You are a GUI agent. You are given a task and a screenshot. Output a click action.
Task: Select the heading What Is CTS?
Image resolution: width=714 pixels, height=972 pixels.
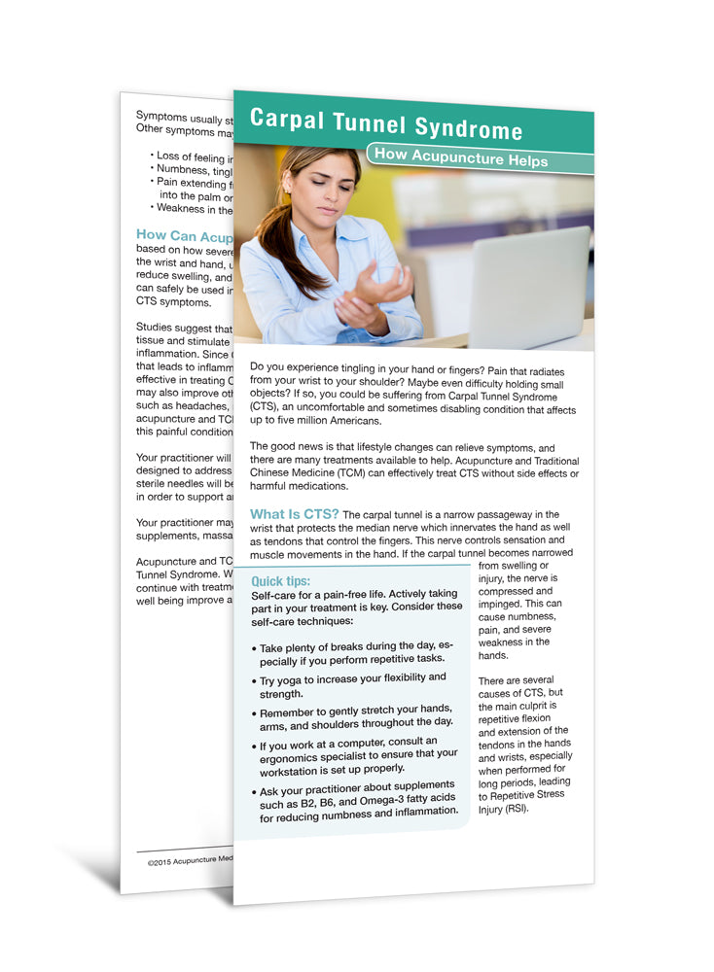295,513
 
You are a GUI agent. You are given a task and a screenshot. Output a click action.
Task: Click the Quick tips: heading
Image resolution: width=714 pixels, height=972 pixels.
280,581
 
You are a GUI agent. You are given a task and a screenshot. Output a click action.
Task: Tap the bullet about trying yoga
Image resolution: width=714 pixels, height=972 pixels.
352,684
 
